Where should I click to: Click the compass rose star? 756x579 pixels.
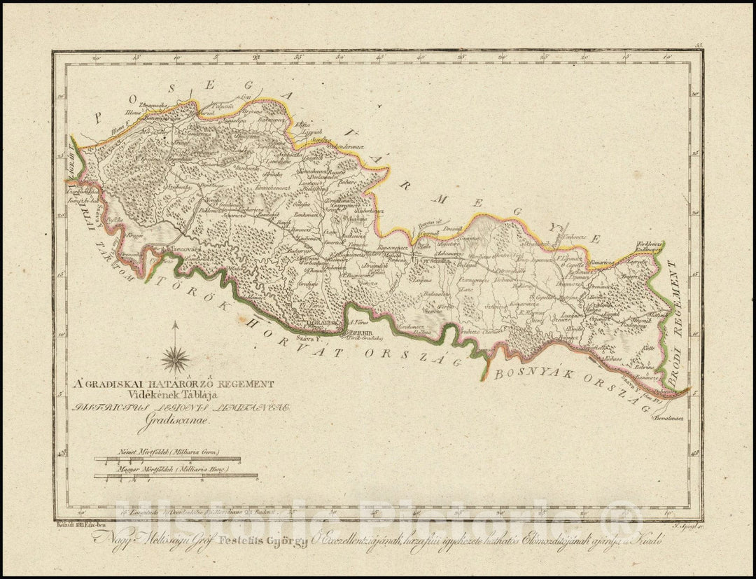click(x=176, y=358)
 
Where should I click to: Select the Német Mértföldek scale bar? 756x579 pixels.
click(x=167, y=460)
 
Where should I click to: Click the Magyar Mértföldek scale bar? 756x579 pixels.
click(x=176, y=475)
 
